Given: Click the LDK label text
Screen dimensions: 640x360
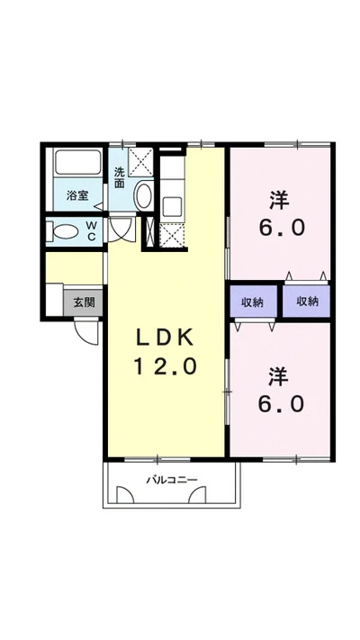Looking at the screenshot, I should (165, 338).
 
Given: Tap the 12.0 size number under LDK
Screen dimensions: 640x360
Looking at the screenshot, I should (165, 366).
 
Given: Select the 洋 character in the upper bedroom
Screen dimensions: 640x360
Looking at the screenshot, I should (281, 198).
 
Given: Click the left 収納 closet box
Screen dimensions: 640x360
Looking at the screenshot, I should (253, 302).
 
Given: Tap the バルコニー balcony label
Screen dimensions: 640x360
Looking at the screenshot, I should (172, 480).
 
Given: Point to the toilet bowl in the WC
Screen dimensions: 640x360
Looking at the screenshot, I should (65, 231).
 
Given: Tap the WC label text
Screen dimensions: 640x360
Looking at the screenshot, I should (92, 230).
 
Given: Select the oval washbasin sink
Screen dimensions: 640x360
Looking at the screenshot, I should (142, 197).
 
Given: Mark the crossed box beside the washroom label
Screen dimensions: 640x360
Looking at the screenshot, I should (141, 164).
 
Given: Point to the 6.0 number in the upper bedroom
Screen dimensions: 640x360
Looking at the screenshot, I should (281, 227).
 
